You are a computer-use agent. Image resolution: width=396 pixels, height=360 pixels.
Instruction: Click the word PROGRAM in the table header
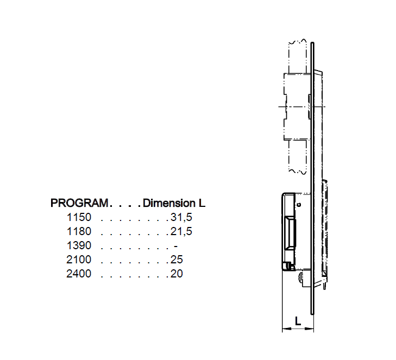79,203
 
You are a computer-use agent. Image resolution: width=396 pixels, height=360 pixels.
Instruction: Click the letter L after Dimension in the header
202,203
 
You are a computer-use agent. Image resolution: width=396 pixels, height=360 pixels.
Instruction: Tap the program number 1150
79,217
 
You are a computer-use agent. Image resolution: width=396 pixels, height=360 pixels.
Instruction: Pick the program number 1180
79,231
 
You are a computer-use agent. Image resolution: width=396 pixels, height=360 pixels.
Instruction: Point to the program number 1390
79,245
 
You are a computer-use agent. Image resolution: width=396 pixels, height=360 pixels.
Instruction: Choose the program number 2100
79,260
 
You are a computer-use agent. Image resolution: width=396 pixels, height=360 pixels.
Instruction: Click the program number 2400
79,274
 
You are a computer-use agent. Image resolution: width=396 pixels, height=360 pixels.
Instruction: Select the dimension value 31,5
181,217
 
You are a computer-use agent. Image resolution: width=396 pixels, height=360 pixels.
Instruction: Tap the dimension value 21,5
181,231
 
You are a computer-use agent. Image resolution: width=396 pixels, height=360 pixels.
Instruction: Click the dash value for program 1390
175,245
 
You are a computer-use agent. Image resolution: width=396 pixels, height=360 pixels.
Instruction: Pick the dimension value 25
177,260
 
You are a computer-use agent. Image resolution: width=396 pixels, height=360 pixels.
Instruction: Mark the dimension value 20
177,274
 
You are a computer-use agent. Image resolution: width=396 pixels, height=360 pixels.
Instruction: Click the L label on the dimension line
298,321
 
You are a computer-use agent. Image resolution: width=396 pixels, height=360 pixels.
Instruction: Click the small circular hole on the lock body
298,204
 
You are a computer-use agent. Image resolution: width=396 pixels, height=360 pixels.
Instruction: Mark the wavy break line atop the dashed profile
298,42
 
